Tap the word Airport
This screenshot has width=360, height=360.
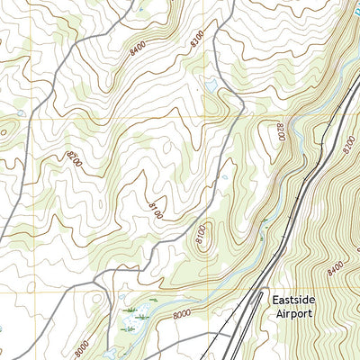point(293,313)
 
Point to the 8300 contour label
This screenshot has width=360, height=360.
point(196,39)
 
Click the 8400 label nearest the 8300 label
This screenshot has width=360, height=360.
point(138,54)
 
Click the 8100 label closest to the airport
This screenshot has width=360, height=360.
point(200,237)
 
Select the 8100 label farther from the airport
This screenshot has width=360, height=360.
point(156,209)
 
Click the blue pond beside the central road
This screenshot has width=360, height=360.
point(211,85)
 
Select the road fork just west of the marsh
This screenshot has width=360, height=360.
point(98,286)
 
